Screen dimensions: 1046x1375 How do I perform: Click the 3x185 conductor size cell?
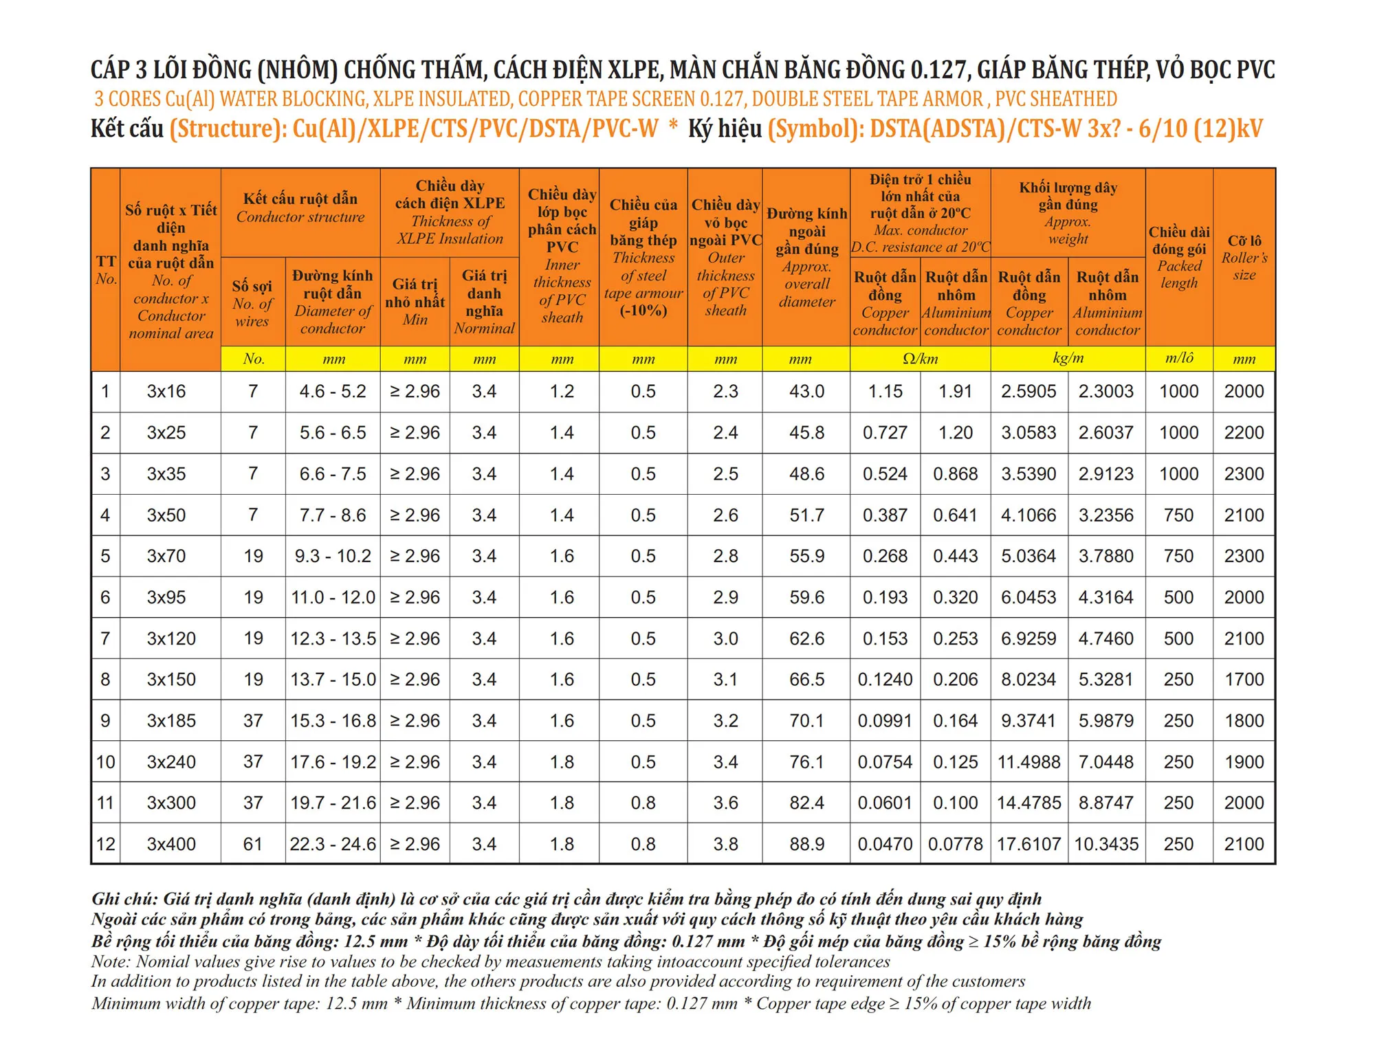pos(171,721)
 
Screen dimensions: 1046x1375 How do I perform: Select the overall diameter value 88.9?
pos(806,844)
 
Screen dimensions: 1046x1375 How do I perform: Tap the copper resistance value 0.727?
pos(885,433)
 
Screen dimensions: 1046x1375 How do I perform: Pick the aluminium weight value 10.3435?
pos(1106,844)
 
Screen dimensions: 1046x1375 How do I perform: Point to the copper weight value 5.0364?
pos(1028,556)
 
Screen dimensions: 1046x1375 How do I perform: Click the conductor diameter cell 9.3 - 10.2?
pos(333,556)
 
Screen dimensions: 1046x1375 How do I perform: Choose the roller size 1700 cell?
pos(1244,680)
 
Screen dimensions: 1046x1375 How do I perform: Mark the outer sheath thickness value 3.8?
pos(725,844)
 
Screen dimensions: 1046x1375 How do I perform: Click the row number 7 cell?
pos(105,638)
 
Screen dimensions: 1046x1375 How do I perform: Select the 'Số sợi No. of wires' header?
pos(252,303)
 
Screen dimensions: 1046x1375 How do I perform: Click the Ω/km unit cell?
pos(920,359)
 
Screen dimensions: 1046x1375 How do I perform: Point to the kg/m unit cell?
pos(1068,359)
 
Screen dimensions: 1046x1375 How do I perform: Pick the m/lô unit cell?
pos(1179,359)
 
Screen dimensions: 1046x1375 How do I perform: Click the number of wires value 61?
pos(253,844)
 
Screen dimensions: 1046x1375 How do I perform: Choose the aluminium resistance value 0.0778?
pos(955,844)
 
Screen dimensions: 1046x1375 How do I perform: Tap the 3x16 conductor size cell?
pos(166,392)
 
